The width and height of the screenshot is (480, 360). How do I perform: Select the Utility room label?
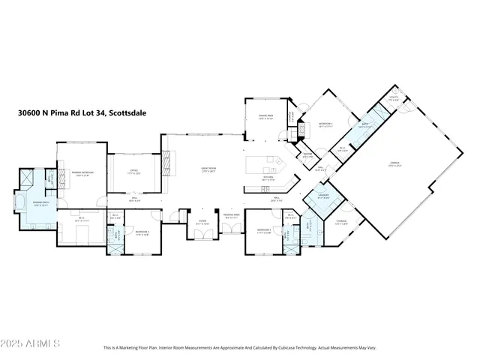393,97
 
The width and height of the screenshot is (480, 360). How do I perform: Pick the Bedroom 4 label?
142,232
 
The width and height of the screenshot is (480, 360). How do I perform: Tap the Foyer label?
202,223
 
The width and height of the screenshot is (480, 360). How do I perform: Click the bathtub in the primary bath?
19,203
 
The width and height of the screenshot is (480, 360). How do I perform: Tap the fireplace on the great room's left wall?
168,160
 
